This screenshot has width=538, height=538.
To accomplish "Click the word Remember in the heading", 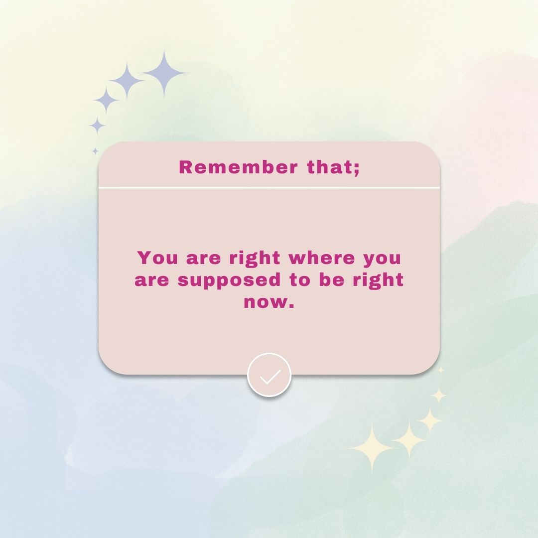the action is point(238,167).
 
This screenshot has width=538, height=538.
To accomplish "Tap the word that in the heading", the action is point(331,167).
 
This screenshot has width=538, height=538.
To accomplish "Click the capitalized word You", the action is point(157,258).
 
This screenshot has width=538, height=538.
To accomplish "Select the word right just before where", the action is point(255,259).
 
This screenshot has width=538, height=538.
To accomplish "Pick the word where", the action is point(321,258).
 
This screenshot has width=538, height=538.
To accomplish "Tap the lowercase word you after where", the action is point(382,260).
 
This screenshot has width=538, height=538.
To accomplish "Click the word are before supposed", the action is point(151,280).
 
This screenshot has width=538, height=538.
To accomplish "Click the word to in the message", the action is point(300,280).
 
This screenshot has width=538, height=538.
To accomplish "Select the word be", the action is point(331,279).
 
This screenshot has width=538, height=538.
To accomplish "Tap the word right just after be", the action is point(378,281).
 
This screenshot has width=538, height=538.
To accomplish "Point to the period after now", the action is point(291,306).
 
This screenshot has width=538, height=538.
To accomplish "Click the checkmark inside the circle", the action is point(270,377).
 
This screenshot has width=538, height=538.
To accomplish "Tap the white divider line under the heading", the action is point(269,188).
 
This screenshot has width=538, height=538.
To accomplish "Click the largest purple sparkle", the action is point(164,73).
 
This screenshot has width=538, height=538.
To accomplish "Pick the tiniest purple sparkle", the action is point(95,151).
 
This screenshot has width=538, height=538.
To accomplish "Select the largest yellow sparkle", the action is point(372,448).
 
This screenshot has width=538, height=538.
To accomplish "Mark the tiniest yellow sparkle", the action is point(441,370).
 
